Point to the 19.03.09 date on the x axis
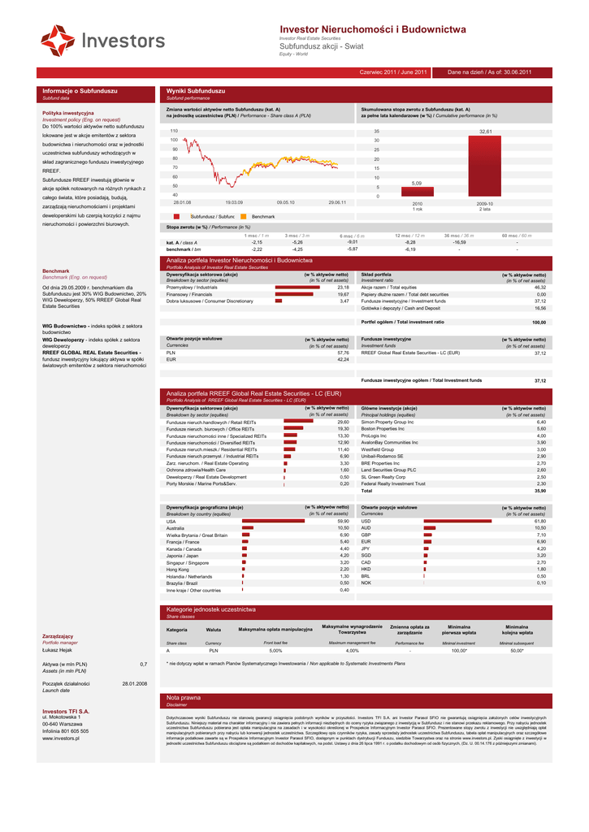coord(234,202)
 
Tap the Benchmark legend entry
coord(262,217)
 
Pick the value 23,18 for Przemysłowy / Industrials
coord(343,287)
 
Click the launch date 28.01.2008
coord(134,684)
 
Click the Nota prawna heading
coord(184,697)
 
